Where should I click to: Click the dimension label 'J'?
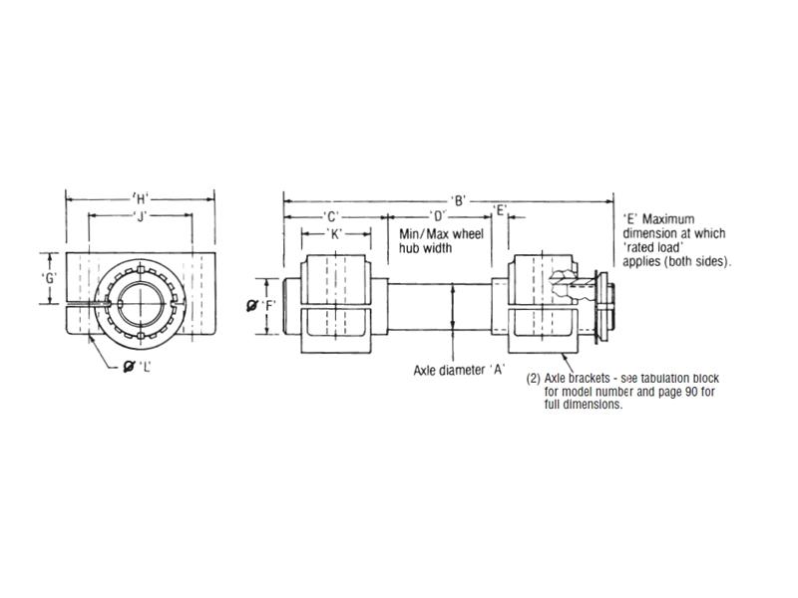pos(140,216)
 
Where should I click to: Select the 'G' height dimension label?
pos(47,278)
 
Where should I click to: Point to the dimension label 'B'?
pos(459,199)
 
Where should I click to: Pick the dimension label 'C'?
pos(332,216)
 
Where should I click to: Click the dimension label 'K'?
pos(336,233)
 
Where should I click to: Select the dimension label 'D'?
pos(437,216)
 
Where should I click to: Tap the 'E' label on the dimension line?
pos(501,211)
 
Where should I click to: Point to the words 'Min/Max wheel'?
pos(441,234)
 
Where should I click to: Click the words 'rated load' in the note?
pos(652,247)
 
